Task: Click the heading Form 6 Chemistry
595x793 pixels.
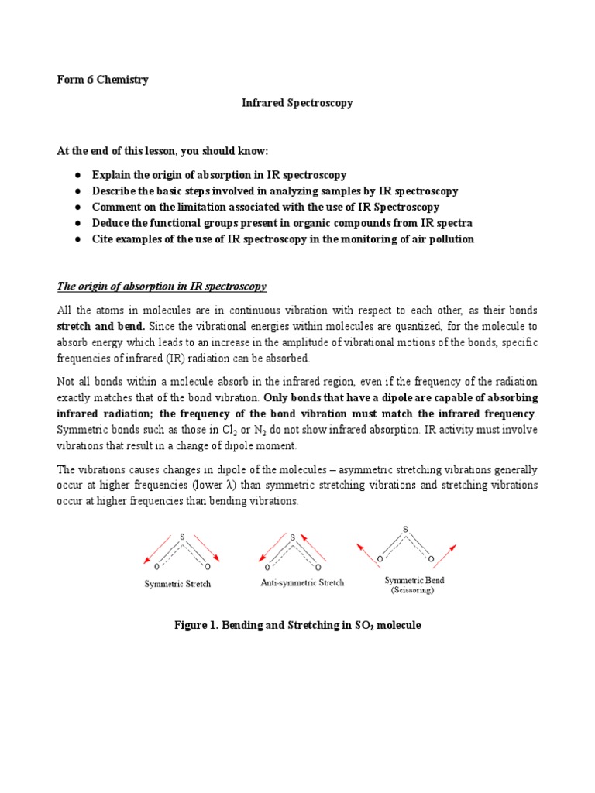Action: click(x=103, y=79)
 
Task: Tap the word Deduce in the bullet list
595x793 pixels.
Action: click(x=111, y=223)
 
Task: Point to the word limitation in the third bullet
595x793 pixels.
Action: click(x=191, y=207)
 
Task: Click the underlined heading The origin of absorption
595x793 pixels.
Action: click(x=162, y=287)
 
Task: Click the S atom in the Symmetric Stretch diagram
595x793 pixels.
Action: click(x=182, y=535)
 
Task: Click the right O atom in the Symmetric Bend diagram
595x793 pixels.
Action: click(x=430, y=558)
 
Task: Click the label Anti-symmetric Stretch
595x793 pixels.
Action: click(x=302, y=582)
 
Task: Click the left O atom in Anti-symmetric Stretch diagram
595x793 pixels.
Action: click(x=267, y=566)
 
